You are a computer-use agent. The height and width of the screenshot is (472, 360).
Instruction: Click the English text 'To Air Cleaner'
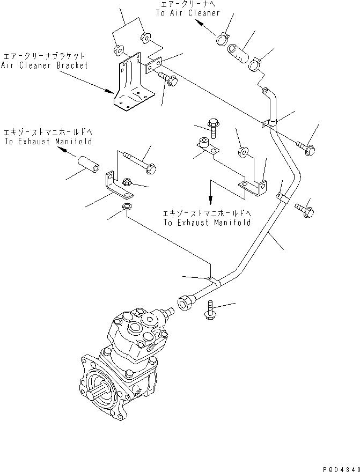pos(188,13)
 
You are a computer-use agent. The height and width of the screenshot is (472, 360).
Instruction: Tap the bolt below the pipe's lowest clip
pos(210,310)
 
